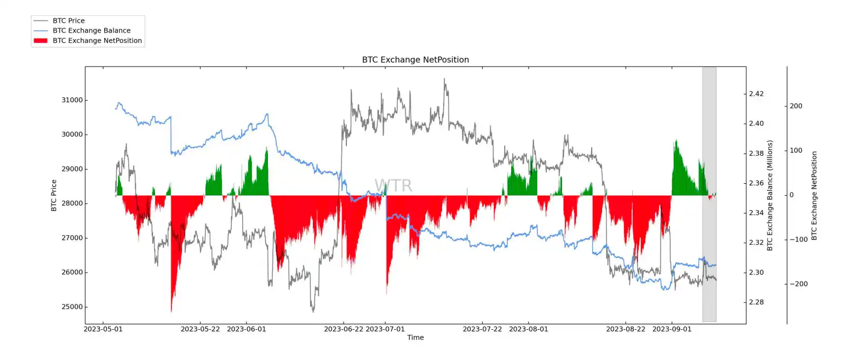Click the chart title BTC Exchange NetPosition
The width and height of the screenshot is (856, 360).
[x=415, y=60]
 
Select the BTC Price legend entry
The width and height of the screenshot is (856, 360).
[x=69, y=21]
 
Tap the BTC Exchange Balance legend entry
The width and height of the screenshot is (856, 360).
[x=91, y=31]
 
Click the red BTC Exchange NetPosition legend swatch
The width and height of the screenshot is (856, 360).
[x=41, y=41]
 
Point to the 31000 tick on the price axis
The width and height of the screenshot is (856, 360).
[x=72, y=101]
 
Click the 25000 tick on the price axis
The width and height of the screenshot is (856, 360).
[x=72, y=307]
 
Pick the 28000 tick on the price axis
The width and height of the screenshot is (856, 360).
[x=72, y=204]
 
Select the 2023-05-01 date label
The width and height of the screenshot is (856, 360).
[x=103, y=329]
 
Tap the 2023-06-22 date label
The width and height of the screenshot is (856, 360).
[x=343, y=329]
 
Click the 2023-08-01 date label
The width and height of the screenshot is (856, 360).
[x=529, y=329]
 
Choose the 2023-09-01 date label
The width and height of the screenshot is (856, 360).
[x=672, y=329]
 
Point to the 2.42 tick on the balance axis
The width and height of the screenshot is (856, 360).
[x=756, y=94]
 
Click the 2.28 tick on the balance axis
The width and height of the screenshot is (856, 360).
[x=756, y=302]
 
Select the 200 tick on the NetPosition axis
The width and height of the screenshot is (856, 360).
[x=795, y=106]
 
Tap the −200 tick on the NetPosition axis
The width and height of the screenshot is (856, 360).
[x=798, y=284]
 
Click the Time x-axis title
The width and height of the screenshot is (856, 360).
[x=415, y=338]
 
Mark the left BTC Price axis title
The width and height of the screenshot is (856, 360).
[x=54, y=195]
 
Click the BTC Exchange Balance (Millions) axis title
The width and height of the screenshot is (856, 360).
[x=770, y=195]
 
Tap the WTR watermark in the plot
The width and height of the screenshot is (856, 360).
[x=393, y=186]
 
